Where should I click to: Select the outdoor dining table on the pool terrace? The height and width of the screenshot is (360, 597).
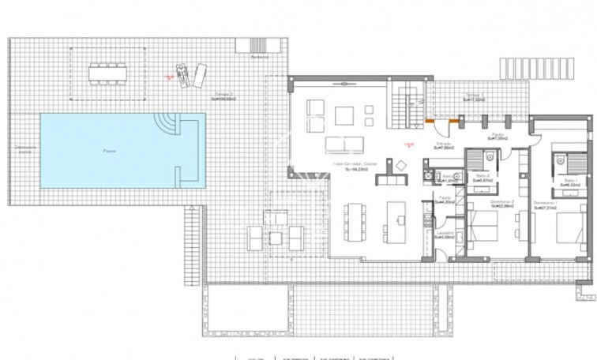pos(107,72)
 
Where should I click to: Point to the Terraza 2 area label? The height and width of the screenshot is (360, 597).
pos(227,97)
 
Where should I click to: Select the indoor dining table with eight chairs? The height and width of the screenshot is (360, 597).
pos(355,223)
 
